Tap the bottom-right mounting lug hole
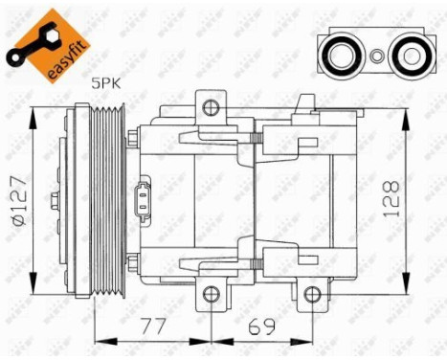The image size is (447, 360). click(313, 294)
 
